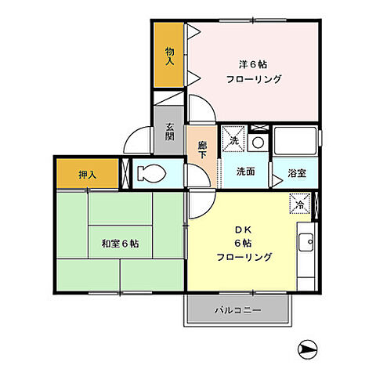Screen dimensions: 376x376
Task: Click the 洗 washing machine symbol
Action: tap(233, 140)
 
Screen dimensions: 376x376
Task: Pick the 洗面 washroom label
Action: tap(245, 172)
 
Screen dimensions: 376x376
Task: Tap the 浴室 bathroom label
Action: tap(296, 173)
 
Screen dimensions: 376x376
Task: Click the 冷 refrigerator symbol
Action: tap(301, 205)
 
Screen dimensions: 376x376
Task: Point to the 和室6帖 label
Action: tap(118, 244)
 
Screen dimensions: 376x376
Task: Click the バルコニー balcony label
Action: tap(238, 311)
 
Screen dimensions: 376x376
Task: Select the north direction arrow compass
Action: tap(309, 350)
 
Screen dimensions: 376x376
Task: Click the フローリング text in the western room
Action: tap(253, 80)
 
